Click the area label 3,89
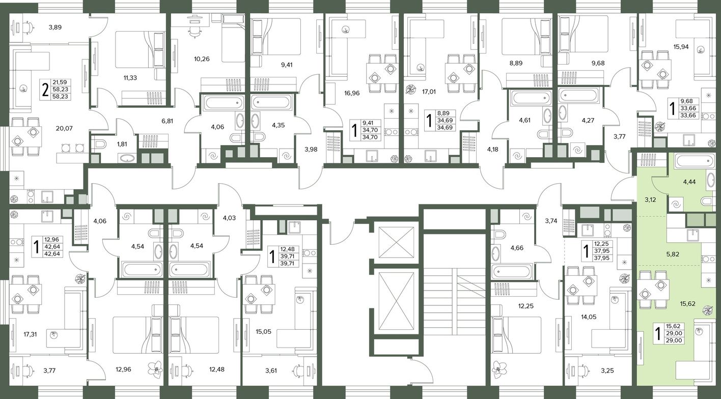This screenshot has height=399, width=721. point(55,27)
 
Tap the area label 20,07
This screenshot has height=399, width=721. point(64,128)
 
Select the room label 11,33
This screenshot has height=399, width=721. point(130,77)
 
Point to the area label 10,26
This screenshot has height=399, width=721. point(202,59)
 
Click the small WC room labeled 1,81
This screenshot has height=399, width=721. point(122,144)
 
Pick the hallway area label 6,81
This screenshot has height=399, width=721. point(168,121)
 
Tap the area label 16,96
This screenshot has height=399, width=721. point(351,93)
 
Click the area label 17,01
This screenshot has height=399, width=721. point(429,92)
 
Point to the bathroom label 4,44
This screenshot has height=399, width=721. point(689,182)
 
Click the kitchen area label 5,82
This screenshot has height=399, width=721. point(673,254)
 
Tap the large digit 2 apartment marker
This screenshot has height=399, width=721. point(46,90)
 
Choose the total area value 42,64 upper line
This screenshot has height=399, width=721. point(52,247)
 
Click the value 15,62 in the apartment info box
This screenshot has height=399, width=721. point(674,326)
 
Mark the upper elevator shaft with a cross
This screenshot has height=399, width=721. point(396,242)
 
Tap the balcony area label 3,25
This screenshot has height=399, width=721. point(607,370)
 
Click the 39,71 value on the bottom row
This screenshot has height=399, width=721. point(287,264)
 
